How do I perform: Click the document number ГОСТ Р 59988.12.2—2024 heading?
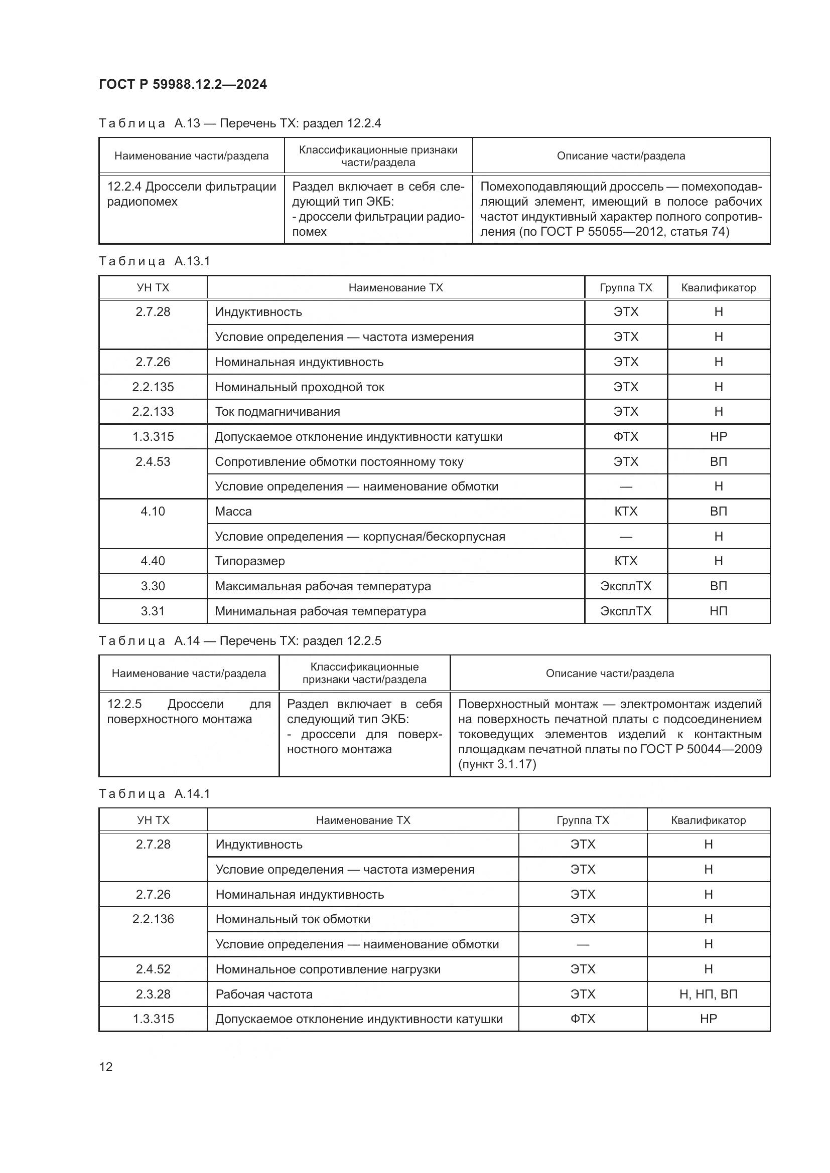(183, 84)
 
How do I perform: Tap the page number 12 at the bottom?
(106, 1067)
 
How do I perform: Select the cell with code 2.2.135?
(153, 387)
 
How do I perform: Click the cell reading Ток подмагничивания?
(278, 412)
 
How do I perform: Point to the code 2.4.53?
(153, 462)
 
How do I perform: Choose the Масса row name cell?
(233, 512)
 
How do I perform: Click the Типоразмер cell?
(250, 561)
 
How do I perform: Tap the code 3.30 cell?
(153, 586)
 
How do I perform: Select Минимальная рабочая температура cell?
(321, 611)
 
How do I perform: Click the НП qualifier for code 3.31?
(718, 611)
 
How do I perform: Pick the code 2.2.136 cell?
(153, 919)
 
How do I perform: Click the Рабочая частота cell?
(264, 994)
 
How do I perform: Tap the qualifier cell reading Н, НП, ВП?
(709, 994)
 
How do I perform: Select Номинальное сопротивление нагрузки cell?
(328, 969)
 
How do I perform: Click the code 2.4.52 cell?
(153, 969)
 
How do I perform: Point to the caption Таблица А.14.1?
(155, 794)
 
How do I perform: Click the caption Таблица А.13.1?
(155, 262)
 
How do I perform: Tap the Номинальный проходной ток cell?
(300, 387)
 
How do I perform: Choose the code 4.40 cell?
(153, 561)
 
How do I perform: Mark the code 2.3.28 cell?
(153, 994)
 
